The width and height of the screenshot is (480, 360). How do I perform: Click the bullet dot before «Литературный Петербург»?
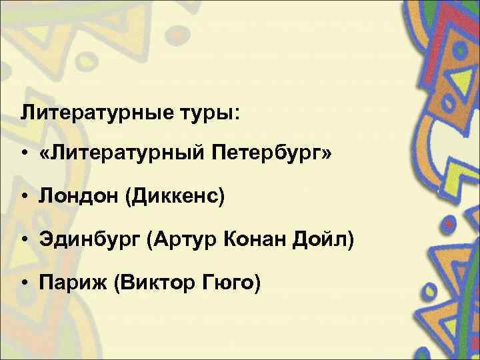click(24, 155)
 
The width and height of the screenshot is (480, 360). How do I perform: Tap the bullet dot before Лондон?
click(24, 197)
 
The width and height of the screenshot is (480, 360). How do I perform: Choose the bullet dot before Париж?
click(24, 283)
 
